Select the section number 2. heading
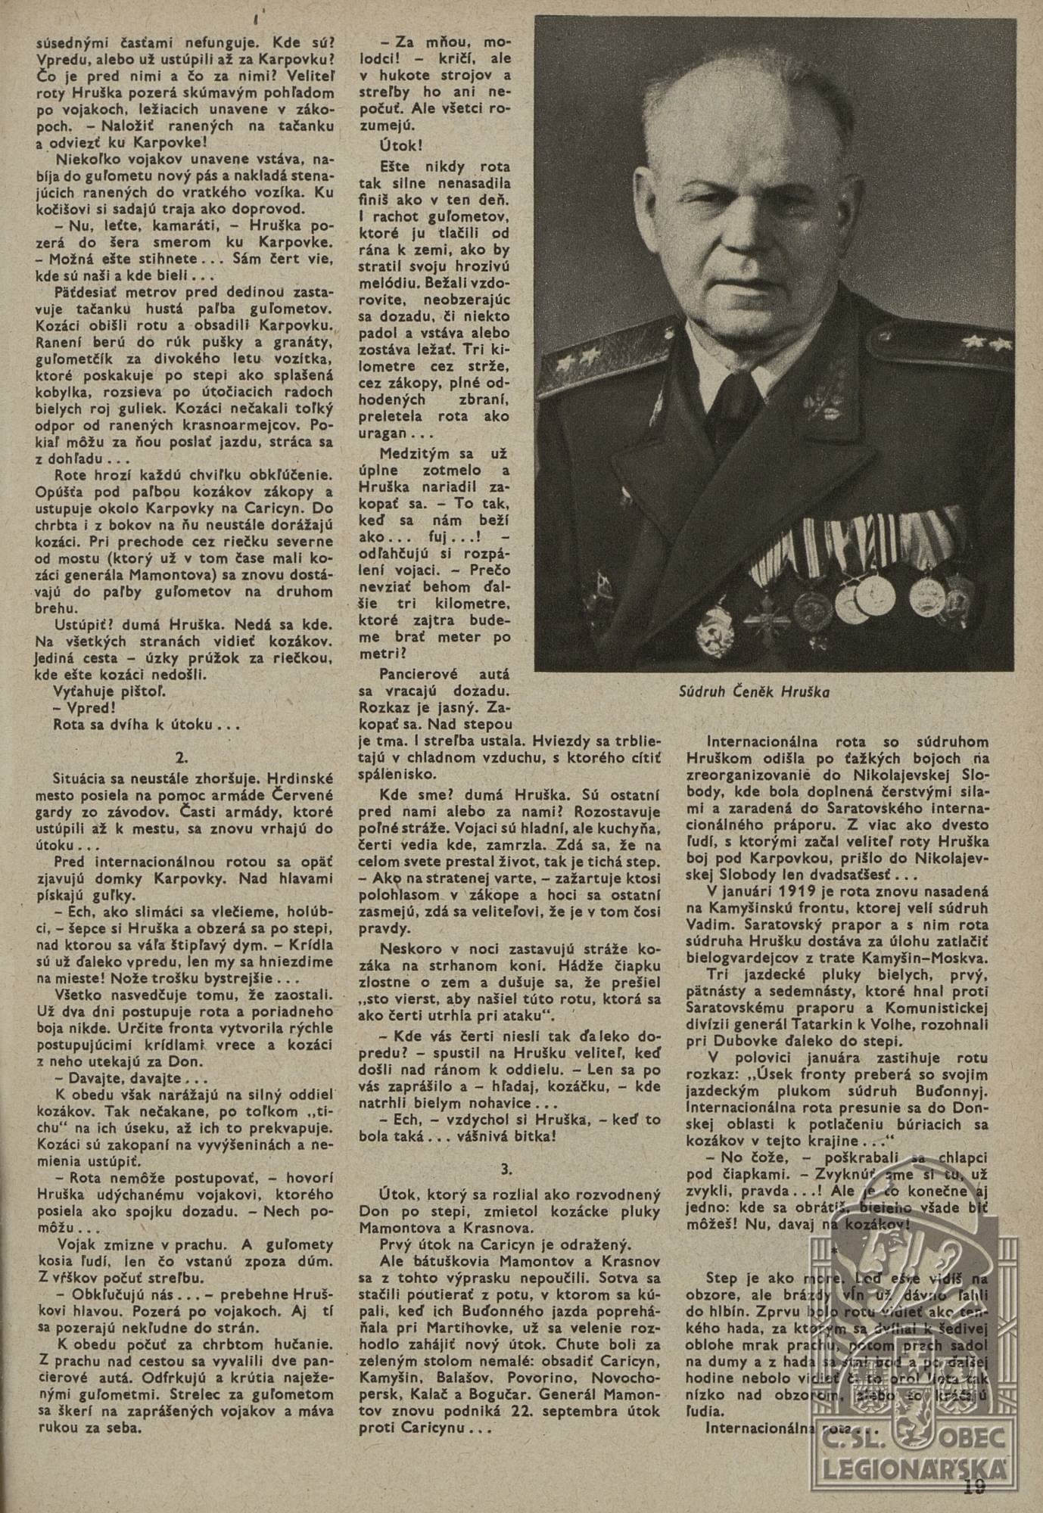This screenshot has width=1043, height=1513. [182, 755]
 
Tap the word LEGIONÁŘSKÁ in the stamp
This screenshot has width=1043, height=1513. [915, 1468]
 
